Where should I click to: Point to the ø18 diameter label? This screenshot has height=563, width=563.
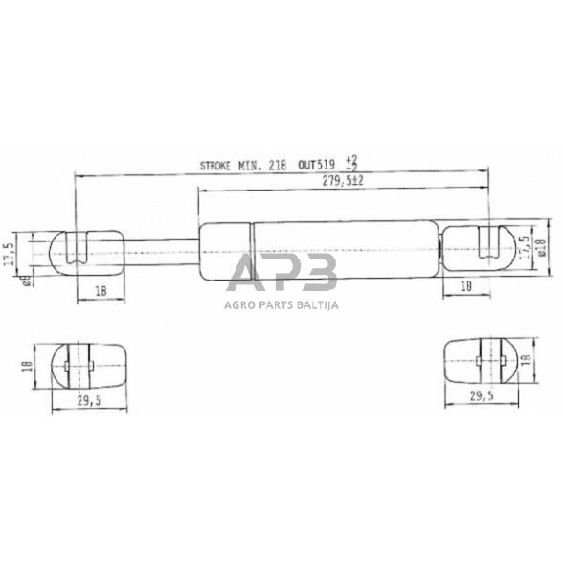pos(541,247)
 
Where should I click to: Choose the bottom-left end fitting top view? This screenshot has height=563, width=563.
pos(88,364)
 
